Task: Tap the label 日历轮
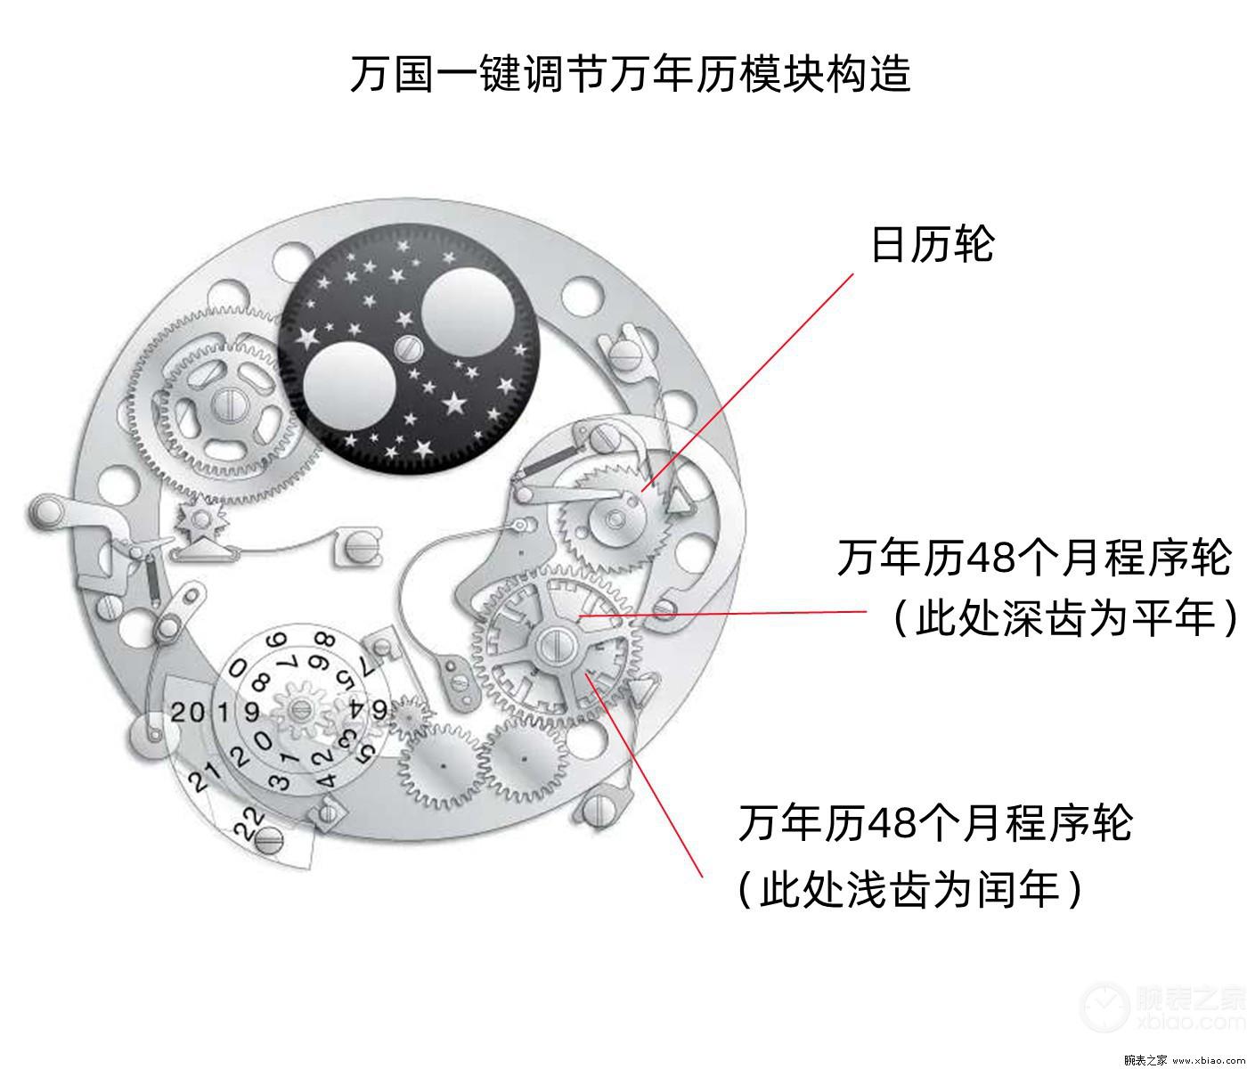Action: pyautogui.click(x=933, y=245)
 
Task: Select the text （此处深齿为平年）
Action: pyautogui.click(x=1064, y=619)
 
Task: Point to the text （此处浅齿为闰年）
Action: pyautogui.click(x=909, y=890)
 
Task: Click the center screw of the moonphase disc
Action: pyautogui.click(x=408, y=348)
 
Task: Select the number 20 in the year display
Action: pyautogui.click(x=188, y=713)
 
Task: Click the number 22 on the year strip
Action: pyautogui.click(x=249, y=823)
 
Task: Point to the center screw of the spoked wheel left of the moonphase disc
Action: pyautogui.click(x=229, y=404)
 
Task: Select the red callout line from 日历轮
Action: pyautogui.click(x=747, y=382)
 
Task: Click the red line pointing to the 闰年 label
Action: pyautogui.click(x=644, y=776)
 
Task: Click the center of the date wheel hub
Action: pyautogui.click(x=615, y=518)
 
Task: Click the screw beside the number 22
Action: pyautogui.click(x=268, y=840)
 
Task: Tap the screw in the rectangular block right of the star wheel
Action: pyautogui.click(x=361, y=548)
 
